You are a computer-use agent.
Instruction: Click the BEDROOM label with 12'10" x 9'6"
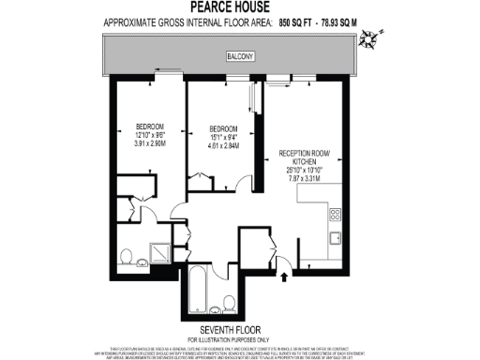[x=150, y=127]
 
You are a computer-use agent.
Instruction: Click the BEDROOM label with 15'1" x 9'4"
[x=223, y=128]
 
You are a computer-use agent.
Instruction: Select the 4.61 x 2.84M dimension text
[x=223, y=147]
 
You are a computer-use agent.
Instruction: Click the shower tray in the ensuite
[x=159, y=252]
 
